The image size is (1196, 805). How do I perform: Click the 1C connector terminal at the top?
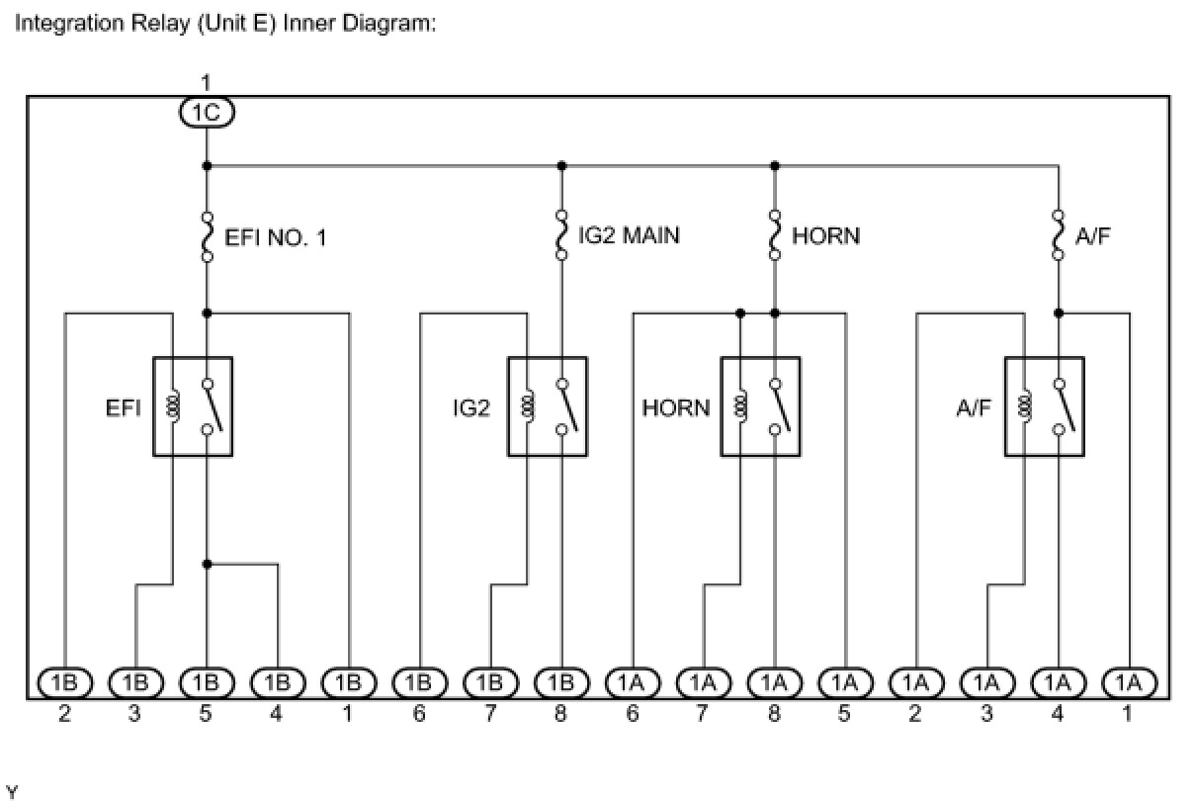click(207, 113)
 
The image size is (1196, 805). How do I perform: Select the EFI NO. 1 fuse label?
click(276, 236)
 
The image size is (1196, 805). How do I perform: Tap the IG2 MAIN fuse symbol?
click(561, 235)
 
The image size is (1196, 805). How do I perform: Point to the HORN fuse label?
click(825, 236)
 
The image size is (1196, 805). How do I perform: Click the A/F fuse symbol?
click(1059, 235)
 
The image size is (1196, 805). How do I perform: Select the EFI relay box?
click(193, 406)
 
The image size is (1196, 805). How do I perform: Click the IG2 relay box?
click(548, 406)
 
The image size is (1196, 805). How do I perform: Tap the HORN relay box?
click(760, 406)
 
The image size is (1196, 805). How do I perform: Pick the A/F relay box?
click(1045, 406)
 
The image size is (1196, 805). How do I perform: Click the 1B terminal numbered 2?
click(64, 682)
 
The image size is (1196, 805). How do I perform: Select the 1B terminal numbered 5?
click(207, 682)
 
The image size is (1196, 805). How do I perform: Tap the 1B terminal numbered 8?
click(561, 682)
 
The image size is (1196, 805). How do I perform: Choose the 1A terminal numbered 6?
click(633, 682)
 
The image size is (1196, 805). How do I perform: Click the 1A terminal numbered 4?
click(1059, 682)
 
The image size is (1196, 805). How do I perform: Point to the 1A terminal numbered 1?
click(1129, 682)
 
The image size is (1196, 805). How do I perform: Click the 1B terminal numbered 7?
click(490, 682)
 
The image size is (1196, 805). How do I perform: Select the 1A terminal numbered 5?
click(845, 682)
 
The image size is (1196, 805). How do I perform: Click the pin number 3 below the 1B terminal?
click(134, 713)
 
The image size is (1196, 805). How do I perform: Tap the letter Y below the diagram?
click(12, 792)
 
